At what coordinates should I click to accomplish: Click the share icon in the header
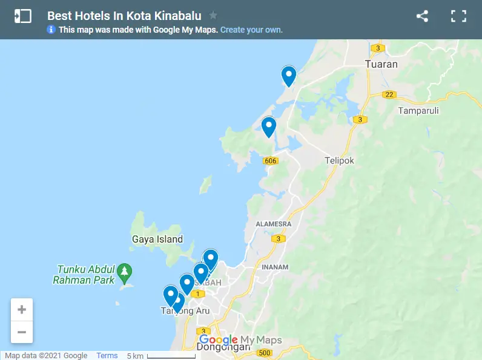pos(422,16)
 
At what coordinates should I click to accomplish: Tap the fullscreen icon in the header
pos(458,16)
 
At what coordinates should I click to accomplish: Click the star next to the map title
pos(213,16)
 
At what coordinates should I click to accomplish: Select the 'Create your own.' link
pos(251,30)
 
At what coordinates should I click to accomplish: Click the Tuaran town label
pos(381,64)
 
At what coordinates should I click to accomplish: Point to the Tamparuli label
pos(418,111)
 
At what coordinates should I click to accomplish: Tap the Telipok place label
pos(339,160)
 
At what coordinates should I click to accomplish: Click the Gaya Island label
pos(157,239)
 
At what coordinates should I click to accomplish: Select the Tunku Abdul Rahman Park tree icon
pos(124,270)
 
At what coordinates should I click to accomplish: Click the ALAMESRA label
pos(274,224)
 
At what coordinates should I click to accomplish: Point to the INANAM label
pos(276,267)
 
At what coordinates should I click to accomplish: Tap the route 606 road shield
pos(270,160)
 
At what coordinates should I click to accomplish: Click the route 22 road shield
pos(389,94)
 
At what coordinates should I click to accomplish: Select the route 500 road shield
pos(264,353)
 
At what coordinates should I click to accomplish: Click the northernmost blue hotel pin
pos(289,76)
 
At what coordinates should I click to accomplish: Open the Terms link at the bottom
pos(107,356)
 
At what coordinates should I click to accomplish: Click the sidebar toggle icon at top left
pos(22,16)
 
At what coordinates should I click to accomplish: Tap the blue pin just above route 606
pos(268,126)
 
